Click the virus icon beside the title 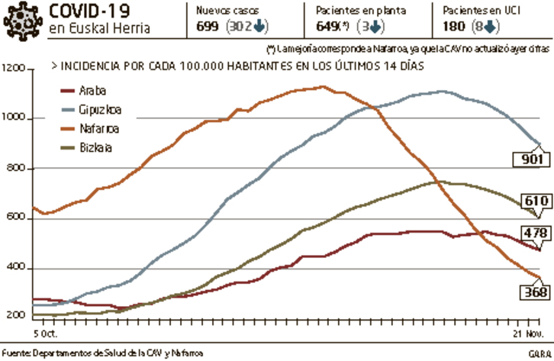pyautogui.click(x=22, y=20)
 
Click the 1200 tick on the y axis pyautogui.click(x=14, y=69)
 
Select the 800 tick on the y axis pyautogui.click(x=18, y=169)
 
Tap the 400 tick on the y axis pyautogui.click(x=18, y=269)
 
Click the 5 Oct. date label pyautogui.click(x=46, y=334)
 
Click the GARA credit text pyautogui.click(x=539, y=353)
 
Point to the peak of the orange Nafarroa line pyautogui.click(x=324, y=86)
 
